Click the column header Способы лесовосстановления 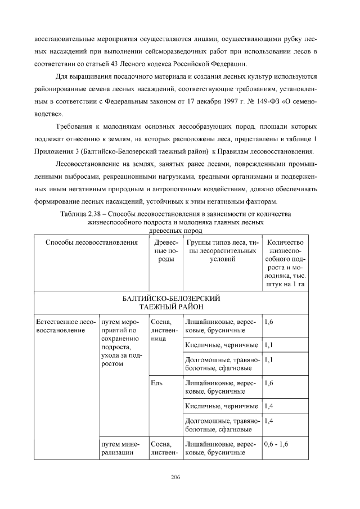(x=91, y=242)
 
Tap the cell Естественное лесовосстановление (x=65, y=326)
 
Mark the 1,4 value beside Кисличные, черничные (x=268, y=406)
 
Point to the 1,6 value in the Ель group (x=268, y=383)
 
